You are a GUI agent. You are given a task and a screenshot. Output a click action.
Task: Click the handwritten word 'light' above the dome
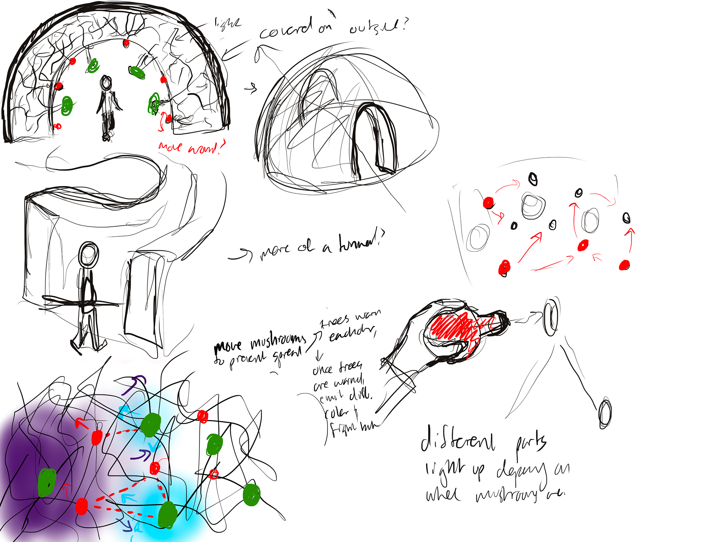(x=228, y=23)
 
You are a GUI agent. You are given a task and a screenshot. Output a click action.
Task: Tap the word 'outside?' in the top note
(x=378, y=26)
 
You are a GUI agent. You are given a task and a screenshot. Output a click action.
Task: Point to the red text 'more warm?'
(x=191, y=147)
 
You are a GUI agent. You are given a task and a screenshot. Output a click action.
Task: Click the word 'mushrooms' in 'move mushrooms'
(x=278, y=342)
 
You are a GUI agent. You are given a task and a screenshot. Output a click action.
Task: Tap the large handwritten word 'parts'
(x=531, y=442)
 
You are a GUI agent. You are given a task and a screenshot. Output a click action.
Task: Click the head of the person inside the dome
(x=106, y=83)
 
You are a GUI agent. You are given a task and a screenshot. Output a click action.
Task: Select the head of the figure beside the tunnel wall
(x=88, y=254)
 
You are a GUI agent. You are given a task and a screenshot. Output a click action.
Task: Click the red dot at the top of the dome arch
(x=126, y=43)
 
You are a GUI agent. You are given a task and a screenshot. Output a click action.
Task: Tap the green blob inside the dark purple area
(x=47, y=482)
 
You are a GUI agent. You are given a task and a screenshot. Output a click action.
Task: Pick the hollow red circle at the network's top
(x=203, y=416)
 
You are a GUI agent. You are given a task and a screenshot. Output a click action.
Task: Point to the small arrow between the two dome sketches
(x=251, y=88)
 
